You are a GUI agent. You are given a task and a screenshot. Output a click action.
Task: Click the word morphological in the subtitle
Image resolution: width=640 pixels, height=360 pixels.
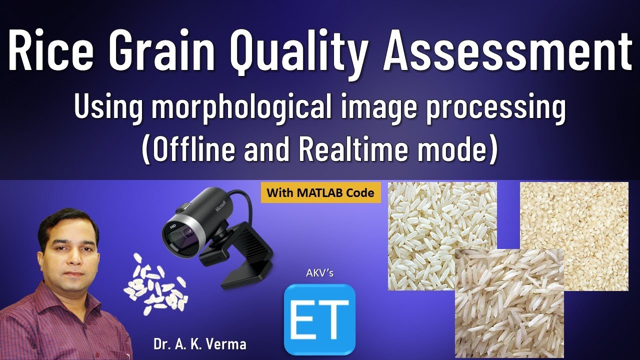243,108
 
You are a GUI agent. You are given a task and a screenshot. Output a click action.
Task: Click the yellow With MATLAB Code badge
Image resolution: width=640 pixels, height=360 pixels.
320,192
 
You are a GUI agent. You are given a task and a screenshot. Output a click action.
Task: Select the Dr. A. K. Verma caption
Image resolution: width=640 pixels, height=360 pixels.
200,344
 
